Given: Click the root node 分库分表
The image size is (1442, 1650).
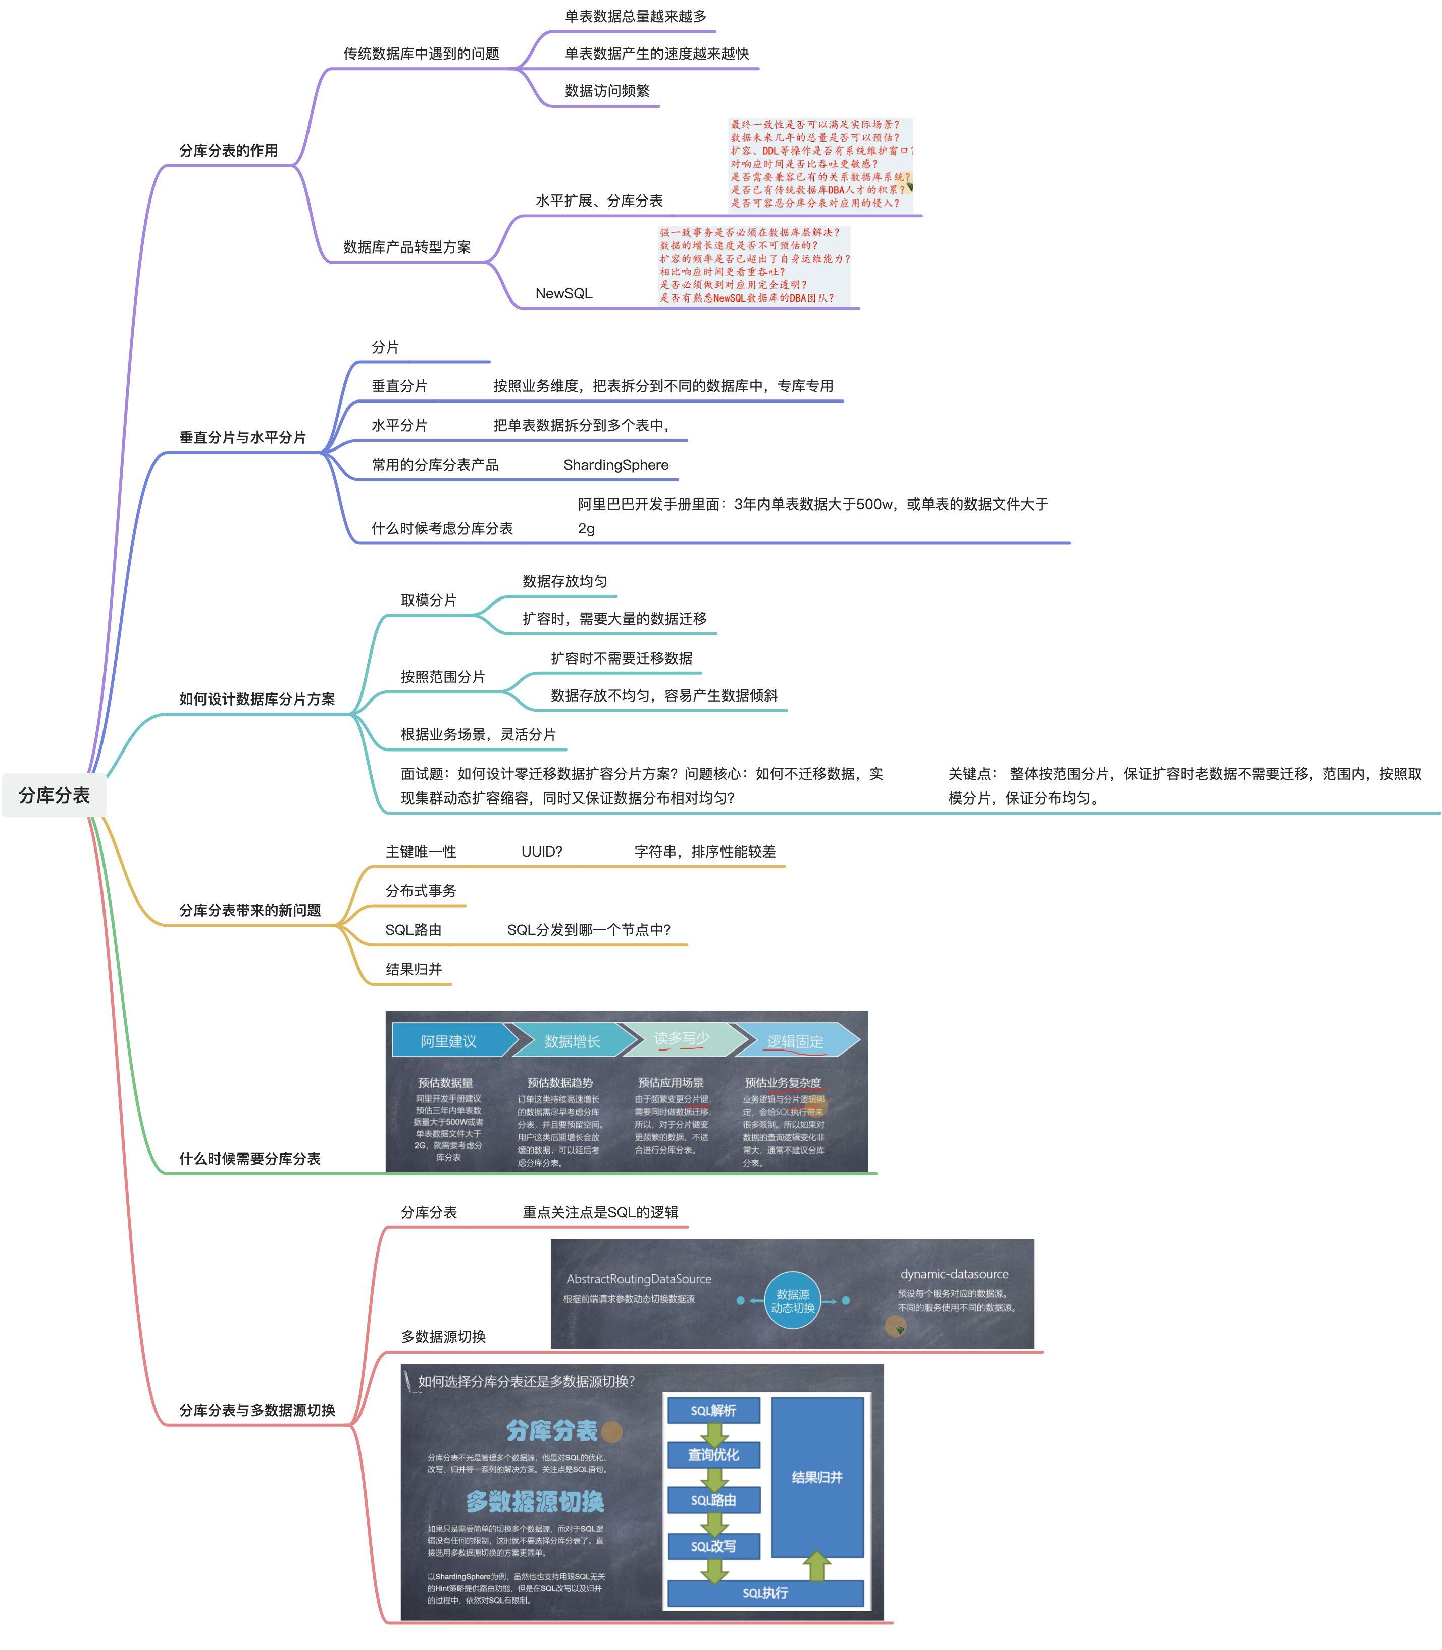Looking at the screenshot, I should coord(54,795).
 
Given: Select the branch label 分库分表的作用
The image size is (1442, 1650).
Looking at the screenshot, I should coord(229,151).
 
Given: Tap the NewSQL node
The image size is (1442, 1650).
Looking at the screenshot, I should coord(563,294).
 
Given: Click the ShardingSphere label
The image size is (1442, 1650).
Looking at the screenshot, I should coord(615,465).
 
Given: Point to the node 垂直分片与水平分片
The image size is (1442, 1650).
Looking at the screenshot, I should coord(242,437).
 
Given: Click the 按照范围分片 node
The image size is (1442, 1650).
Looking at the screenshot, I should coord(443,676).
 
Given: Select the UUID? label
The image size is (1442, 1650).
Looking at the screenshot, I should coord(542,852).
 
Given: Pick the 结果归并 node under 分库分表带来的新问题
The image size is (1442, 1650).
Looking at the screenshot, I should coord(414,969).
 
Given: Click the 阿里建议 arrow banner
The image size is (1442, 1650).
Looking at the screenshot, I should coord(449,1041).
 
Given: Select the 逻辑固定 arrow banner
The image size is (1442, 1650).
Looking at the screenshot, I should coord(795,1041).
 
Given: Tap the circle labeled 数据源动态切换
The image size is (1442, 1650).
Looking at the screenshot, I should coord(793,1301).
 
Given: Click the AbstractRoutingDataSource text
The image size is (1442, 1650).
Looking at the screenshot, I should coord(639,1279).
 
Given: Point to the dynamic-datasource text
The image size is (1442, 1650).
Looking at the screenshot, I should coord(954,1274).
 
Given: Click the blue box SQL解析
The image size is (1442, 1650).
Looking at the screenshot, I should coord(713,1410).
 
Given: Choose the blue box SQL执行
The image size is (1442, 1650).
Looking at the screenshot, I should coord(764,1593).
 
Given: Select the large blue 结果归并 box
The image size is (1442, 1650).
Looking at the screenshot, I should coord(817,1477).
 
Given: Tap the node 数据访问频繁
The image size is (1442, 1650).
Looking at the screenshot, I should coord(607,91).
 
